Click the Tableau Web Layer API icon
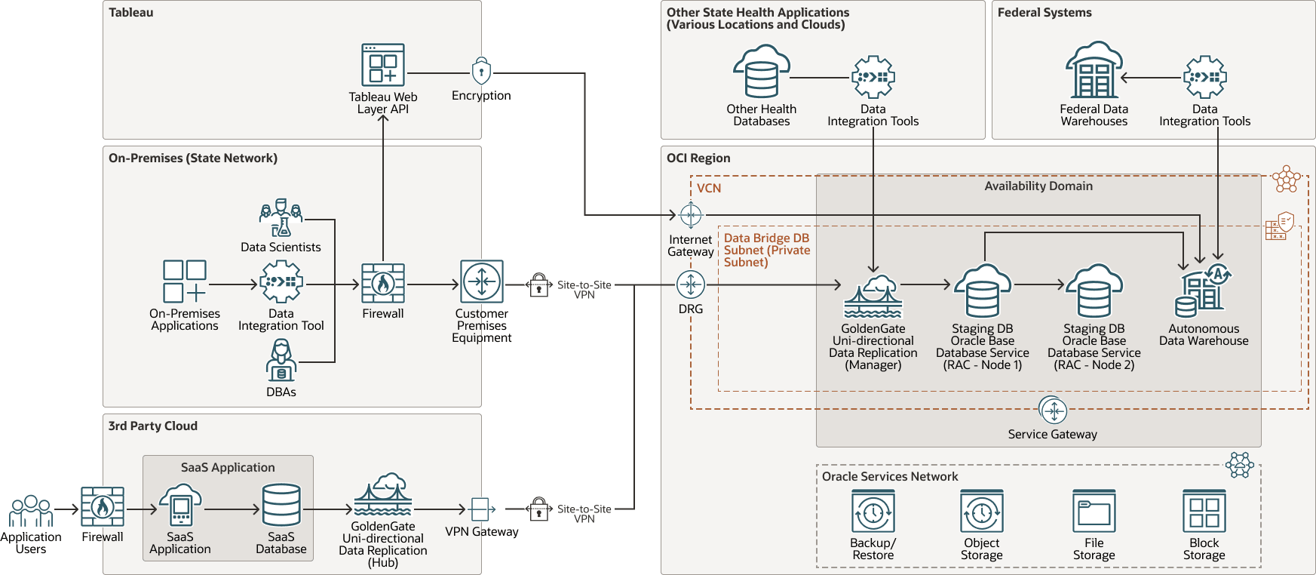(x=383, y=65)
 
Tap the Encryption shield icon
(x=481, y=72)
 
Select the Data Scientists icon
(x=281, y=218)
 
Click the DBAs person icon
(x=281, y=360)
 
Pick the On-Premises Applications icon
(x=185, y=281)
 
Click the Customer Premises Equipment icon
(x=482, y=282)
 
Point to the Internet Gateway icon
(x=691, y=215)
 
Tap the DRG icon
(x=691, y=284)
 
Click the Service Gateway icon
(x=1053, y=410)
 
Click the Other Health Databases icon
(x=762, y=72)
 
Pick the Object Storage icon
(x=982, y=512)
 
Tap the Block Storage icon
(x=1204, y=512)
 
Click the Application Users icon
(x=31, y=511)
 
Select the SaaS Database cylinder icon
(x=281, y=505)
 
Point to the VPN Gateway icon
(x=481, y=509)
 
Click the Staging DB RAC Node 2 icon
(x=1094, y=291)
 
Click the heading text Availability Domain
(x=1038, y=186)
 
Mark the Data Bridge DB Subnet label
(x=766, y=250)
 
